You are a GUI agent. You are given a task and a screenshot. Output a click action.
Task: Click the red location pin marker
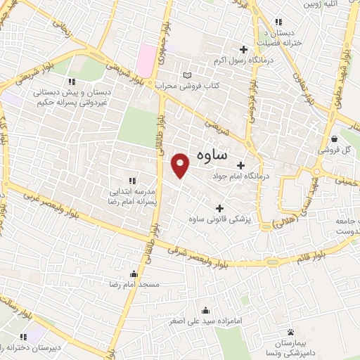[181, 165]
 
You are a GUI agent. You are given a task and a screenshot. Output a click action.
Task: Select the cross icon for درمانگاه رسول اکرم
[243, 49]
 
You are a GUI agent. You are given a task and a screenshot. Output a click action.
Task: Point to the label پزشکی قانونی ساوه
[219, 220]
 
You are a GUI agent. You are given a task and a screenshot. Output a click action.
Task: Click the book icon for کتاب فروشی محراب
[186, 75]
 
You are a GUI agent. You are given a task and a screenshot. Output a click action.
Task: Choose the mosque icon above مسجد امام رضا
[134, 274]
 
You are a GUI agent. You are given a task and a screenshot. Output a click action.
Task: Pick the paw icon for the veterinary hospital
[290, 331]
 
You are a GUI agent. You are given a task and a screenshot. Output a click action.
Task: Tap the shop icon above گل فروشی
[335, 139]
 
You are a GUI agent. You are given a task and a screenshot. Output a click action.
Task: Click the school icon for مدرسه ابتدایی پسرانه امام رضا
[132, 181]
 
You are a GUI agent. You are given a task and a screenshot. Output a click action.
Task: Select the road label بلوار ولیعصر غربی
[49, 205]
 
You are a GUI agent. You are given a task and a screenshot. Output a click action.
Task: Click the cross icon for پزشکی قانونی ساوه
[220, 208]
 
